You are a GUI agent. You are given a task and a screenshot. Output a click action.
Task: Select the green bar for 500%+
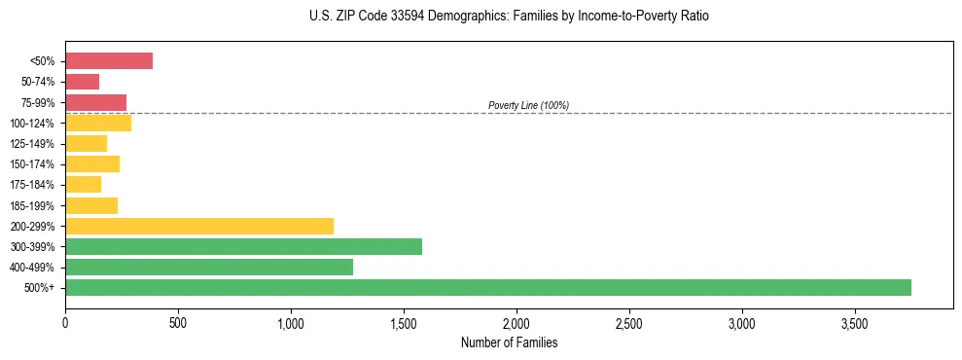(x=487, y=287)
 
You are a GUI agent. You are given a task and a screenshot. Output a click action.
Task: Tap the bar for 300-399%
(x=243, y=246)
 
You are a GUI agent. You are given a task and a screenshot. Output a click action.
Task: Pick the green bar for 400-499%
(x=209, y=267)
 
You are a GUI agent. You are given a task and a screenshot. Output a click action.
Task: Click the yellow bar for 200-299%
(x=199, y=226)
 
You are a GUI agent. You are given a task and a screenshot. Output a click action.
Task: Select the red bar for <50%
(x=109, y=61)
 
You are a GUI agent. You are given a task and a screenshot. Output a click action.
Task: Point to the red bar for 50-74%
(x=82, y=82)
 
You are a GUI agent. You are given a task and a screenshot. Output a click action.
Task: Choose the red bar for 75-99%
(x=95, y=102)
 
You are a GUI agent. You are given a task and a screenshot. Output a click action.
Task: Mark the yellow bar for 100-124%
(x=98, y=123)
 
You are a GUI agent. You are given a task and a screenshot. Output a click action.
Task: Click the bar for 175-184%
(x=83, y=184)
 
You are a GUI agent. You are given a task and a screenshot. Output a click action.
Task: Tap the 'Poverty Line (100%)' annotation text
(x=528, y=105)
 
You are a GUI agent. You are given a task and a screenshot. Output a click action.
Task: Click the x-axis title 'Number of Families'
(x=509, y=342)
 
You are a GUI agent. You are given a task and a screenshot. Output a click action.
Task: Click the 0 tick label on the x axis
(x=65, y=323)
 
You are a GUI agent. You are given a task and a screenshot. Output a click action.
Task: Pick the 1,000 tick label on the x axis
(x=291, y=323)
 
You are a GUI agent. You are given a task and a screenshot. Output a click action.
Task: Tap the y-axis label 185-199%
(x=35, y=205)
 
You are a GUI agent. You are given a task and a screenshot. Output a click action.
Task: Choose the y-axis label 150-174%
(x=35, y=164)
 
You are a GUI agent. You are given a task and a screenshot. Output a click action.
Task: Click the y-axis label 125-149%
(x=35, y=144)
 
